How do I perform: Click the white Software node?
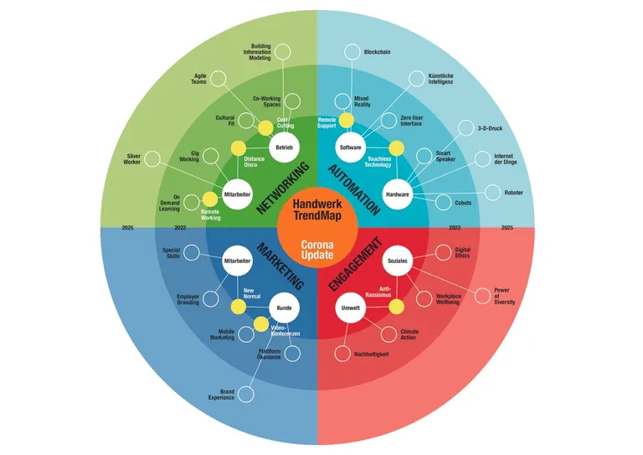tap(350, 148)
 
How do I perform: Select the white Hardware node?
tap(397, 194)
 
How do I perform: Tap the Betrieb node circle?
tap(283, 148)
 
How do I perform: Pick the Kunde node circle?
tap(283, 308)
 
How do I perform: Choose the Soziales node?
tap(397, 261)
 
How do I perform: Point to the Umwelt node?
tap(350, 308)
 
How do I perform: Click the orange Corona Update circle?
tap(317, 248)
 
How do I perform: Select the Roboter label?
tap(513, 193)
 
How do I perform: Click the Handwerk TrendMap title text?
tap(317, 209)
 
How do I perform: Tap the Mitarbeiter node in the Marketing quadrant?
tap(238, 261)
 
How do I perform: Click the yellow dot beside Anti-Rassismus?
tap(396, 307)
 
